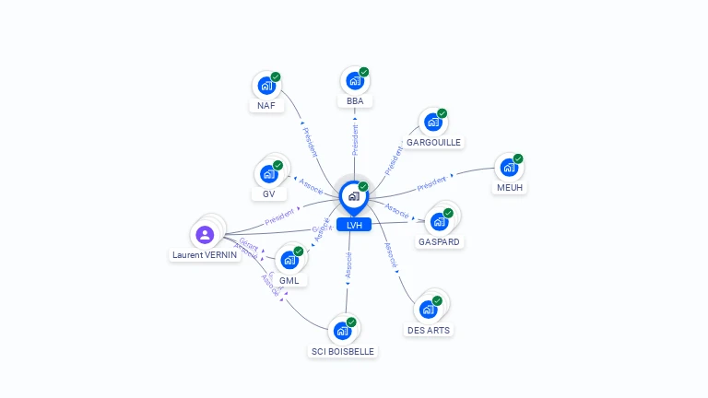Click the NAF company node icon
click(x=266, y=86)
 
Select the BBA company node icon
click(x=354, y=81)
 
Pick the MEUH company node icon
click(x=508, y=168)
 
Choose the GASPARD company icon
click(x=439, y=221)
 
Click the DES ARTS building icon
click(x=428, y=310)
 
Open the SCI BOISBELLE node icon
click(x=342, y=330)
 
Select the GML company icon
click(x=289, y=260)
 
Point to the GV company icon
click(x=268, y=173)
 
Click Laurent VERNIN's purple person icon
click(x=205, y=235)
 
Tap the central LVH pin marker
click(x=354, y=196)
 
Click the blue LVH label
click(x=354, y=225)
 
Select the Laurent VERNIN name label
click(x=205, y=255)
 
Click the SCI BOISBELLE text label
click(x=343, y=351)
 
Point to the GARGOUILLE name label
click(x=433, y=142)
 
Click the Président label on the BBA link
click(x=355, y=139)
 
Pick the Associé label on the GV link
click(x=312, y=185)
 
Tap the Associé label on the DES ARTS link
click(x=390, y=255)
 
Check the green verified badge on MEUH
click(x=518, y=158)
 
